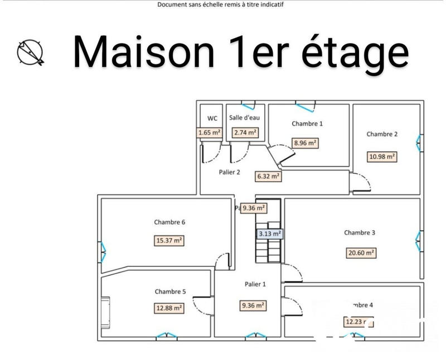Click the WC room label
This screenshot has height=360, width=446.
(x=212, y=118)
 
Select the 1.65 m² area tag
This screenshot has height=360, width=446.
(x=210, y=133)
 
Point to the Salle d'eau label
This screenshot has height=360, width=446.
(x=244, y=118)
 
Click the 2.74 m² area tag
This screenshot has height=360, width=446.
(x=245, y=133)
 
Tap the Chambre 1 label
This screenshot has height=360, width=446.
(x=307, y=124)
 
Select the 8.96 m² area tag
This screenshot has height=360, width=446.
(x=306, y=143)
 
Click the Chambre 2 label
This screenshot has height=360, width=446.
(x=382, y=134)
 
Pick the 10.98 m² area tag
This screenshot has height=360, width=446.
(x=382, y=157)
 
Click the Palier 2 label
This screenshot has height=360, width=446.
(x=229, y=172)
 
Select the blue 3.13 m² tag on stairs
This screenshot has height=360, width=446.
(x=270, y=234)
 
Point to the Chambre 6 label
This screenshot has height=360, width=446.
(x=169, y=222)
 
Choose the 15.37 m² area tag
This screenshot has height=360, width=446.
(x=169, y=241)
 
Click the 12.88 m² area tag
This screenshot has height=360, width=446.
(x=169, y=308)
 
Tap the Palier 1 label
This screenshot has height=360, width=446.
(x=255, y=284)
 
